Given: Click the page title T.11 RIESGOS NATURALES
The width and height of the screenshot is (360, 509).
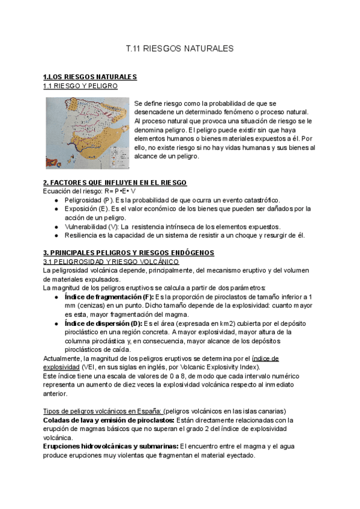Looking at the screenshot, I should [180, 47].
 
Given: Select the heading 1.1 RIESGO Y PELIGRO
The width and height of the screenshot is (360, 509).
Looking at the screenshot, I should [80, 86].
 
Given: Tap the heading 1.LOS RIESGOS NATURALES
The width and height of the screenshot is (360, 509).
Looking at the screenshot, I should [91, 77].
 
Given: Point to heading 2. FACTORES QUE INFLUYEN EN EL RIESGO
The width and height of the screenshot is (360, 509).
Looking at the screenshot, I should [115, 182].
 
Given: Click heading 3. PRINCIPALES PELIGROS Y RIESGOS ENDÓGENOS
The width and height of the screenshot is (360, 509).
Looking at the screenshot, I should [128, 253].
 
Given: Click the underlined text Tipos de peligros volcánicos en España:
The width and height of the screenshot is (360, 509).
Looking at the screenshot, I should [101, 411].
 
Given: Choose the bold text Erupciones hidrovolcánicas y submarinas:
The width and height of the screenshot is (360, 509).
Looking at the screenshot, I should [110, 447].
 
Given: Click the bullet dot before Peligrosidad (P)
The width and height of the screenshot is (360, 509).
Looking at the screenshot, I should [56, 200].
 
